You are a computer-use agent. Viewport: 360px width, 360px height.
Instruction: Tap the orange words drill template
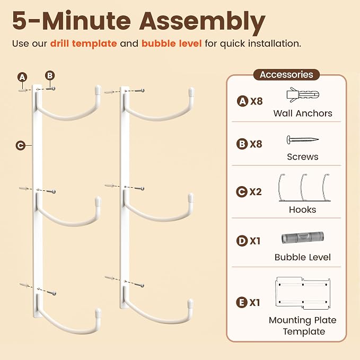(84, 43)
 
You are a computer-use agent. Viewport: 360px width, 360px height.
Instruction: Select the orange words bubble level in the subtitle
(171, 43)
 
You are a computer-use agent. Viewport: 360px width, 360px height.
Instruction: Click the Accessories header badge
(286, 75)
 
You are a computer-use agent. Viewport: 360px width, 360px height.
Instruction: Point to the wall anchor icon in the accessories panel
(303, 94)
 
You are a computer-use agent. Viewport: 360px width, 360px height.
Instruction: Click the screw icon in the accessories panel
(302, 139)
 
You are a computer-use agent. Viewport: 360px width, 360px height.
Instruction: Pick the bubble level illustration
(303, 238)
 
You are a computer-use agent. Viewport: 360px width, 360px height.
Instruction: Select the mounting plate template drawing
(303, 293)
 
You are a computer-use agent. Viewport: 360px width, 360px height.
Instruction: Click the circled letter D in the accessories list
(242, 241)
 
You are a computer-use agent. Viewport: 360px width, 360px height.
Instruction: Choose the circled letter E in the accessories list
(242, 302)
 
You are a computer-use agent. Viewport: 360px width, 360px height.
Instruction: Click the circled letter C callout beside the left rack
(21, 145)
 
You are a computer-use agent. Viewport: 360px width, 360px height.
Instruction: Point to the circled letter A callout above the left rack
(22, 77)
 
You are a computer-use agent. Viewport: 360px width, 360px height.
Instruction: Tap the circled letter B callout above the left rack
(50, 75)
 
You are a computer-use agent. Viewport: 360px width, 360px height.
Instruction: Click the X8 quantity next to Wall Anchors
(256, 101)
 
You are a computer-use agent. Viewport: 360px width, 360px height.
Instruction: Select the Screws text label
(303, 156)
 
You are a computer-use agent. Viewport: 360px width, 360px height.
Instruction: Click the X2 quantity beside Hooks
(256, 192)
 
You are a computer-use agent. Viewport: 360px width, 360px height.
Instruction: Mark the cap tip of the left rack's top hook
(98, 89)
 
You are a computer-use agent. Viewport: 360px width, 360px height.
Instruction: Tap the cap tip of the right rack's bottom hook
(190, 303)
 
